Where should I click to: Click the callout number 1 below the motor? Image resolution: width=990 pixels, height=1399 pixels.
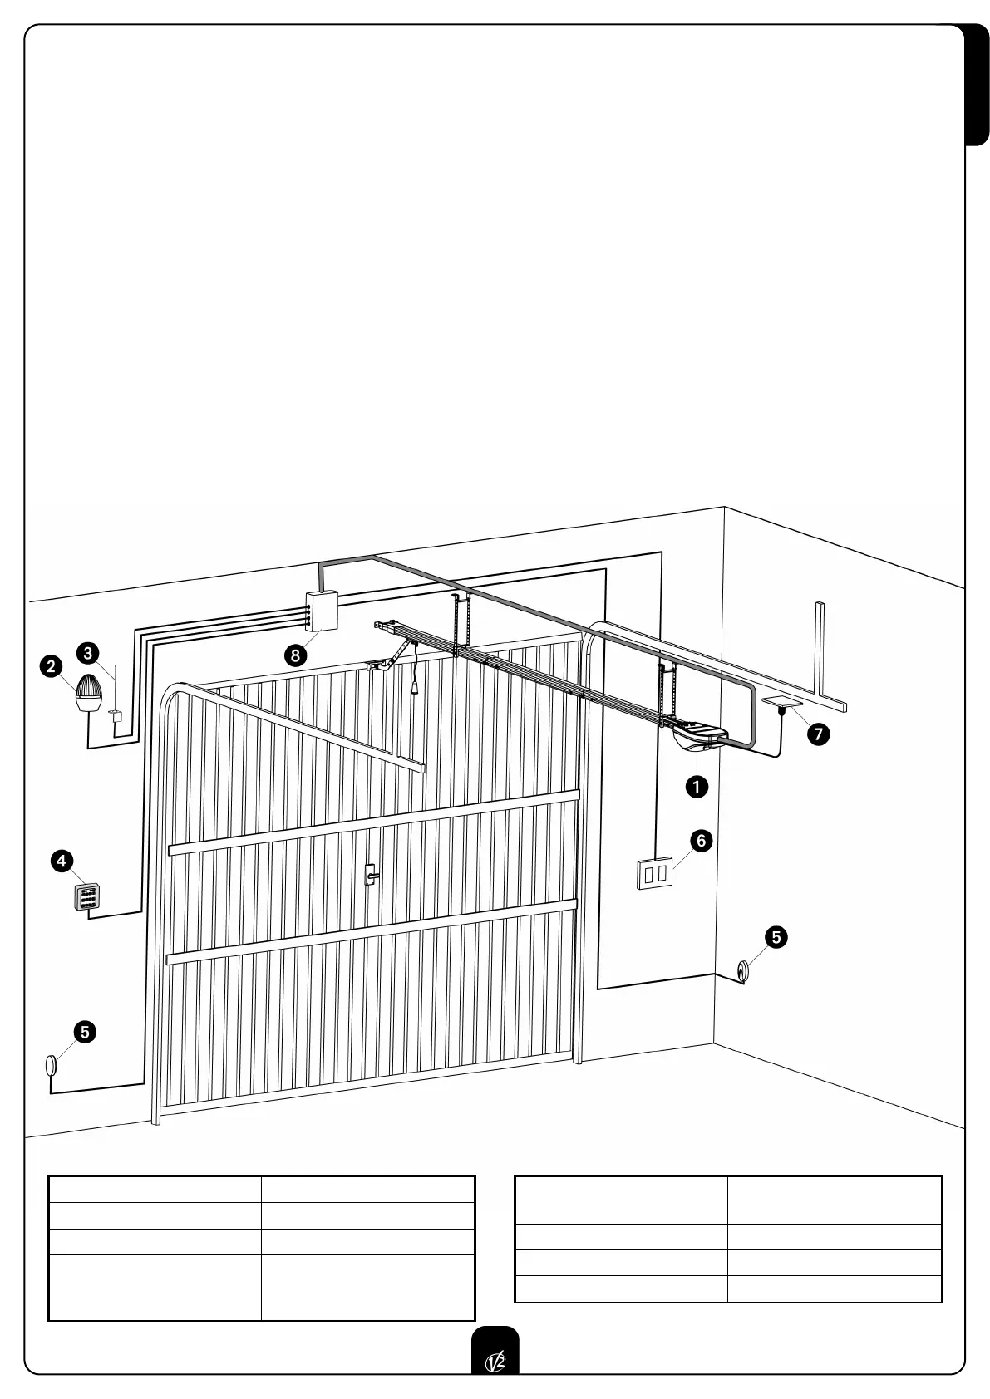[696, 786]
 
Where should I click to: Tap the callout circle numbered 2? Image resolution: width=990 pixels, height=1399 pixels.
[52, 665]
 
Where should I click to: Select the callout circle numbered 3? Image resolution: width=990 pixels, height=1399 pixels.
[89, 653]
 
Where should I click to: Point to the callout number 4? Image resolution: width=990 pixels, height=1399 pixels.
[62, 861]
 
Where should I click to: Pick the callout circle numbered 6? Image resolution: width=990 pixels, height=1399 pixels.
[701, 841]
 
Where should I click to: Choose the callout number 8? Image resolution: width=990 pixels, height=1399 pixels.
[294, 655]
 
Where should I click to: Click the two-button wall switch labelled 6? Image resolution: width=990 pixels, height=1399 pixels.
[654, 874]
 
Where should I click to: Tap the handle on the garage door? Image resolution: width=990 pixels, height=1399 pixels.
[371, 873]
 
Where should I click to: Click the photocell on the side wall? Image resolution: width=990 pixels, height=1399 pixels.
[741, 970]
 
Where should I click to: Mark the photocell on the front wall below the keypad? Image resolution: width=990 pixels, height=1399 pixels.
[51, 1064]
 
